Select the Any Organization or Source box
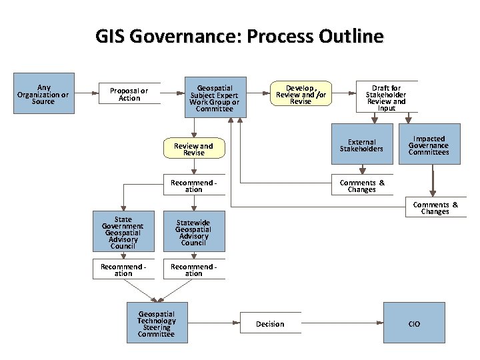[x=43, y=94]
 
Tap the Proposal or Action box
[x=129, y=95]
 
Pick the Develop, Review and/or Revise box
[x=301, y=94]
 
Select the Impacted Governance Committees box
[x=429, y=145]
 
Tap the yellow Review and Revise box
[x=193, y=149]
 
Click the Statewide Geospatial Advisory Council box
[x=193, y=233]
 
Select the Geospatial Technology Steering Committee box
[x=156, y=324]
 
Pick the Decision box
[x=270, y=324]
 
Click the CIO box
[x=414, y=324]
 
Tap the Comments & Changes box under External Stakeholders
[x=361, y=186]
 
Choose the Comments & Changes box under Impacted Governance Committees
[x=435, y=208]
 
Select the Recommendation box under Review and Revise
[x=193, y=186]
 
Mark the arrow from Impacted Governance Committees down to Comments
[x=433, y=181]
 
